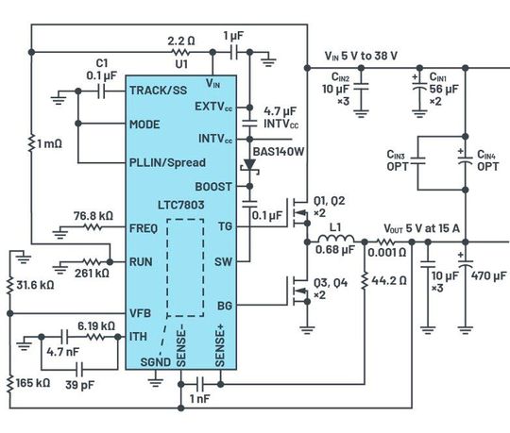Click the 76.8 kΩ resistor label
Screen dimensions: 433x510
pos(87,215)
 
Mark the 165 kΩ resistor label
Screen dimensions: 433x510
pos(27,384)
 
